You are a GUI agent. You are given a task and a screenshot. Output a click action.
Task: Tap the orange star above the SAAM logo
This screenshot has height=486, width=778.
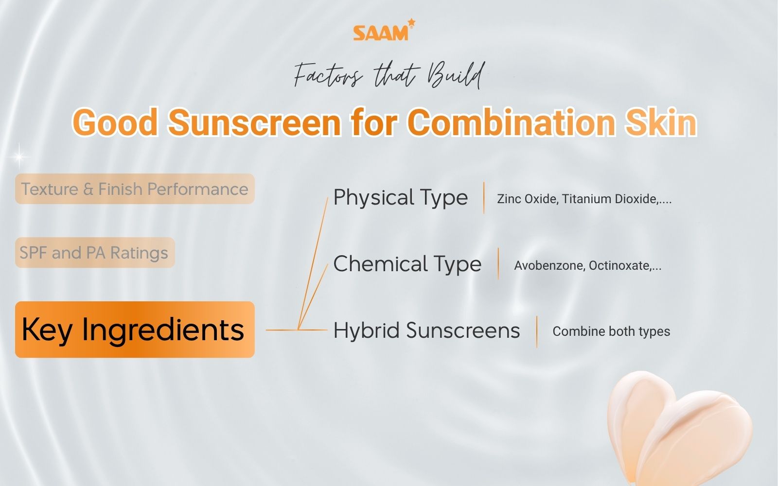click(411, 22)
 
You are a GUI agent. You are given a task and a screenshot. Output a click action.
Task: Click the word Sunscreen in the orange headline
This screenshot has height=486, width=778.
click(254, 122)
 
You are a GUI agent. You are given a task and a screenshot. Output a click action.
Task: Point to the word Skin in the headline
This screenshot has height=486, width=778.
click(661, 122)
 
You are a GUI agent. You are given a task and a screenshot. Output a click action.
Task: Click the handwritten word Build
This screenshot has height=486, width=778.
click(456, 75)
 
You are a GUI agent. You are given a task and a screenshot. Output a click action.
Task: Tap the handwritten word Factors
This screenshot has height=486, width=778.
click(328, 75)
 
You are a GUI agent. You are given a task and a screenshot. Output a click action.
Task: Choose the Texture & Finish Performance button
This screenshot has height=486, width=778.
click(135, 189)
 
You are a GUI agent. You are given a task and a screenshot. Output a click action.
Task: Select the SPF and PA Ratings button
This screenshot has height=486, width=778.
click(95, 252)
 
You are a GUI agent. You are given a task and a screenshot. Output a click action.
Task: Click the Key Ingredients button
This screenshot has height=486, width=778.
click(135, 330)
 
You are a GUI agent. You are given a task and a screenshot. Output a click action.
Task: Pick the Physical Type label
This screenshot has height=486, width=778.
click(401, 197)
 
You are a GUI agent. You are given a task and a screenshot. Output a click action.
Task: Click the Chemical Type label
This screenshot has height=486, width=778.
click(407, 264)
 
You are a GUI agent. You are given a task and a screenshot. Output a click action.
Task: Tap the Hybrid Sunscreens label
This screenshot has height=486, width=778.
click(426, 330)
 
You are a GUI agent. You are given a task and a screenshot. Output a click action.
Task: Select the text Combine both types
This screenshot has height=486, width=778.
click(611, 331)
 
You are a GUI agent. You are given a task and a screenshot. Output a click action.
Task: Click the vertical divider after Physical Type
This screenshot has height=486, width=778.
click(484, 198)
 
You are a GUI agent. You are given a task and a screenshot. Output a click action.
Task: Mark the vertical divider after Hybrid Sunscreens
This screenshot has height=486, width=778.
click(537, 332)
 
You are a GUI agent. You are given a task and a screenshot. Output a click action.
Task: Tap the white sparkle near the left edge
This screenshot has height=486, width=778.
click(19, 157)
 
